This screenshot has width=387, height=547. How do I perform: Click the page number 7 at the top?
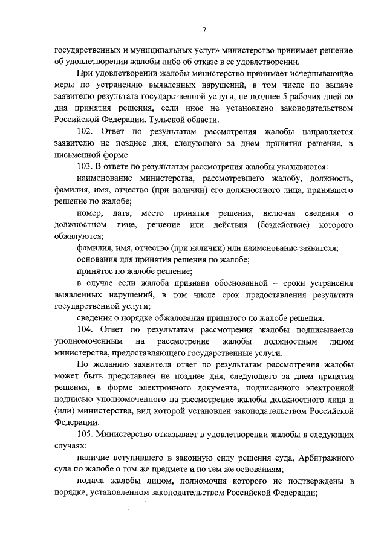205,30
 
